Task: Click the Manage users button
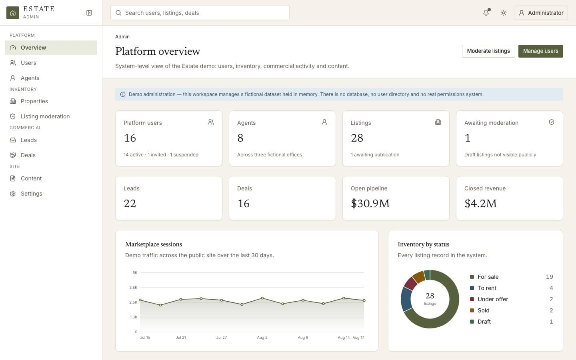540,51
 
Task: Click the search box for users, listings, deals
200,13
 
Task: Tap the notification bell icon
486,13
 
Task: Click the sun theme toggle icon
504,13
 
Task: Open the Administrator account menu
541,13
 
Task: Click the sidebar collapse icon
89,13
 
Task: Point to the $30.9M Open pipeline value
370,203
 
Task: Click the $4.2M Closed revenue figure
480,203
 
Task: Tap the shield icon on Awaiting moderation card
551,122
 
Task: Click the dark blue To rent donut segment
406,299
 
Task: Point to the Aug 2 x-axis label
262,337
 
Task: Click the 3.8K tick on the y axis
133,287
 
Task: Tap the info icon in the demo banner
123,94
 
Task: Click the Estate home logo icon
13,13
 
